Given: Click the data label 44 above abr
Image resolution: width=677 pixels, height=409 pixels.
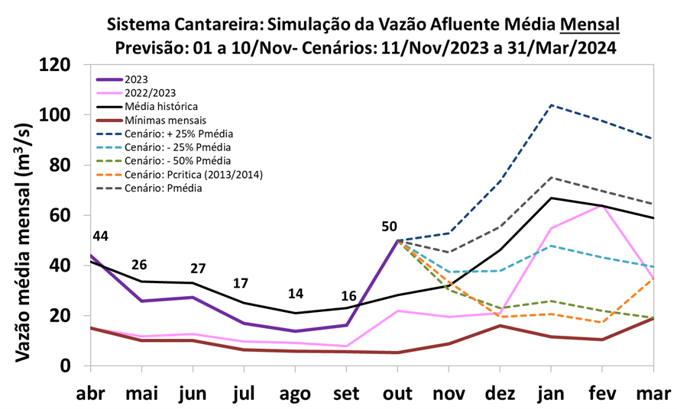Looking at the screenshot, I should click(x=100, y=237).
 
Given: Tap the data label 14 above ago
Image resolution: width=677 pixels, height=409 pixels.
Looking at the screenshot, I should click(x=295, y=295).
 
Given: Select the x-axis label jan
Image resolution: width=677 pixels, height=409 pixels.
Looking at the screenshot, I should click(x=552, y=394).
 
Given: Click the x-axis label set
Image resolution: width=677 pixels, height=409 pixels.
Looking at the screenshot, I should click(x=347, y=394).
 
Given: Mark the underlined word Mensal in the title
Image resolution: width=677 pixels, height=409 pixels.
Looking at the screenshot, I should click(x=589, y=24).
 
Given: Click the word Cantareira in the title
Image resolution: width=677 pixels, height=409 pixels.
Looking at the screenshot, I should click(x=209, y=24).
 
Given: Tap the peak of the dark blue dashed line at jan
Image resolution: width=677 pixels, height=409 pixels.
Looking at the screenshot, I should click(x=552, y=105).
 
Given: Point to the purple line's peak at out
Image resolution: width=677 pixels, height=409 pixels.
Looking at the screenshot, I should click(x=397, y=240).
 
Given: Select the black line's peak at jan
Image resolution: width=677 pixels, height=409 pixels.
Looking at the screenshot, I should click(x=552, y=198).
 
